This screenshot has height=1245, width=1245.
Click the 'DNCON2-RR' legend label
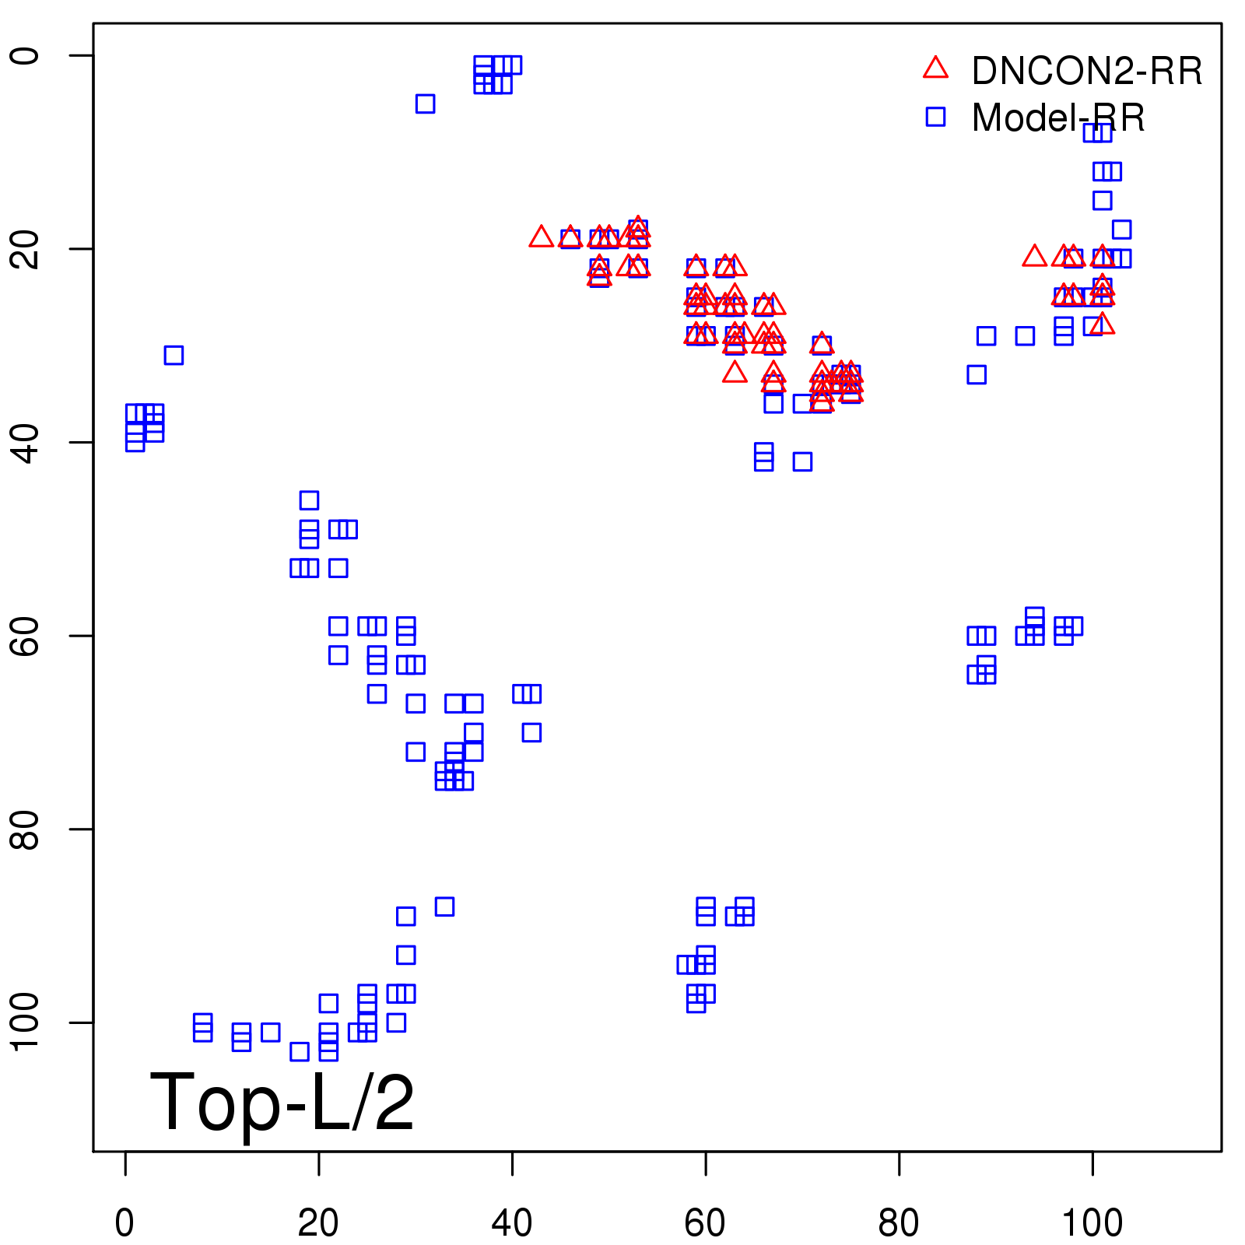click(x=1086, y=71)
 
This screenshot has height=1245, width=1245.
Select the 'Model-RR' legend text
click(x=1058, y=118)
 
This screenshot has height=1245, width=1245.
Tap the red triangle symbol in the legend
click(x=935, y=68)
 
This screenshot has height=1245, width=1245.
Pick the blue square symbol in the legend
click(x=935, y=117)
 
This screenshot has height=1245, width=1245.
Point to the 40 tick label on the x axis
click(x=512, y=1223)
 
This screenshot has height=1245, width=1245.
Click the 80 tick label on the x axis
click(x=899, y=1223)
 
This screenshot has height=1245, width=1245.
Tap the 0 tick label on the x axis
click(x=124, y=1223)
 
